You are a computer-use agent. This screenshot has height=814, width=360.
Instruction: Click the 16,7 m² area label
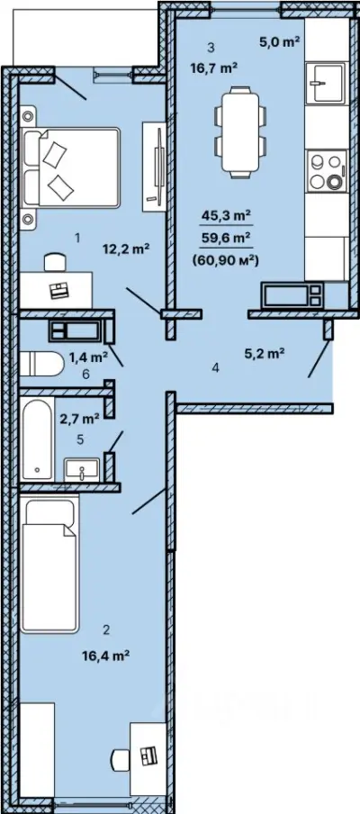click(214, 68)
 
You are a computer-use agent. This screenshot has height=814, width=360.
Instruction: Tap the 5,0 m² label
click(280, 42)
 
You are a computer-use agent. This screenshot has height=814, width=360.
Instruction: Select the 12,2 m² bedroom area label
click(126, 249)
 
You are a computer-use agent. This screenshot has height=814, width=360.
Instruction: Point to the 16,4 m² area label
click(105, 656)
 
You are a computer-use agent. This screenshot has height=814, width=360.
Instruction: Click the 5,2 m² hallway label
click(264, 355)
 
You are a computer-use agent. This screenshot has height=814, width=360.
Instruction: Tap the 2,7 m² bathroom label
click(80, 418)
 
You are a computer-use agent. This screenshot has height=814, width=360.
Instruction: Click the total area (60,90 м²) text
click(225, 262)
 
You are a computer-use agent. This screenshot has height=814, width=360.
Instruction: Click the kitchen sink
click(325, 83)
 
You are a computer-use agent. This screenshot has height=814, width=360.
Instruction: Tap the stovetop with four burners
click(326, 170)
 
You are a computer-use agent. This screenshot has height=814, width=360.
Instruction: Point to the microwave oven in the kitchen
click(292, 295)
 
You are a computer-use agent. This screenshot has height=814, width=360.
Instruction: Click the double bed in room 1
click(70, 165)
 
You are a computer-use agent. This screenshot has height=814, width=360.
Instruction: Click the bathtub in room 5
click(37, 439)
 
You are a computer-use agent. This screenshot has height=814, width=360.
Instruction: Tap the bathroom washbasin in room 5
click(81, 469)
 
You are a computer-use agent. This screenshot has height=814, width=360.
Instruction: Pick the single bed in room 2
click(49, 564)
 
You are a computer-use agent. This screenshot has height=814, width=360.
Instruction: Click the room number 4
click(216, 368)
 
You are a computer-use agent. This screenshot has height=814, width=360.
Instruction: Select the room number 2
click(106, 630)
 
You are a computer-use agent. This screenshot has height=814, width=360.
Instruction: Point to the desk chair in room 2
click(120, 759)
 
